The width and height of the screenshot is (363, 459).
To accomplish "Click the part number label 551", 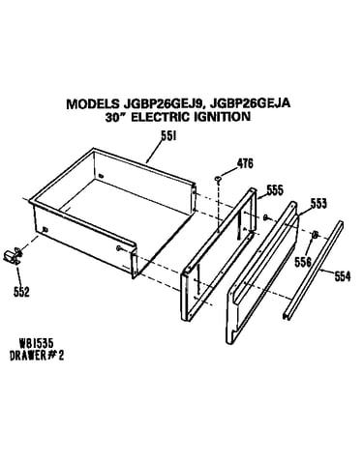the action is click(x=168, y=136).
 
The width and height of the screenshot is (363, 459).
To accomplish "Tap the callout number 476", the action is click(x=245, y=163).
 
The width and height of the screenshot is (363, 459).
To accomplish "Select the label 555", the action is click(x=275, y=190).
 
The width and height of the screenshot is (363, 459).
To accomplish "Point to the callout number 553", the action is click(x=318, y=203).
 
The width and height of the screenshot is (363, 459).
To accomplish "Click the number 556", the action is click(x=303, y=262).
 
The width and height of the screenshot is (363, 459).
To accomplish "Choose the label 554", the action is click(x=342, y=276).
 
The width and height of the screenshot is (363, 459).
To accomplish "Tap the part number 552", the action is click(x=21, y=292).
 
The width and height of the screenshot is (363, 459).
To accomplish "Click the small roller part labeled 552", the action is click(x=13, y=256).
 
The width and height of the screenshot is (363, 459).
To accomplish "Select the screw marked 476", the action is click(x=218, y=179).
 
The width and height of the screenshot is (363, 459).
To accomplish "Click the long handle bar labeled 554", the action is click(x=313, y=270).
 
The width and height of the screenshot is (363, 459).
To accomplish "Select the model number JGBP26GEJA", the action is click(x=251, y=103).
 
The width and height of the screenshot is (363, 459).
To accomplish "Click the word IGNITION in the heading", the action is click(x=222, y=116).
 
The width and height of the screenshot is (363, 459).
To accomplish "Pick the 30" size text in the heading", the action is click(x=117, y=117).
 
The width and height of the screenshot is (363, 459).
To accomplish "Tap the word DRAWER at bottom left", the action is click(x=28, y=356).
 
